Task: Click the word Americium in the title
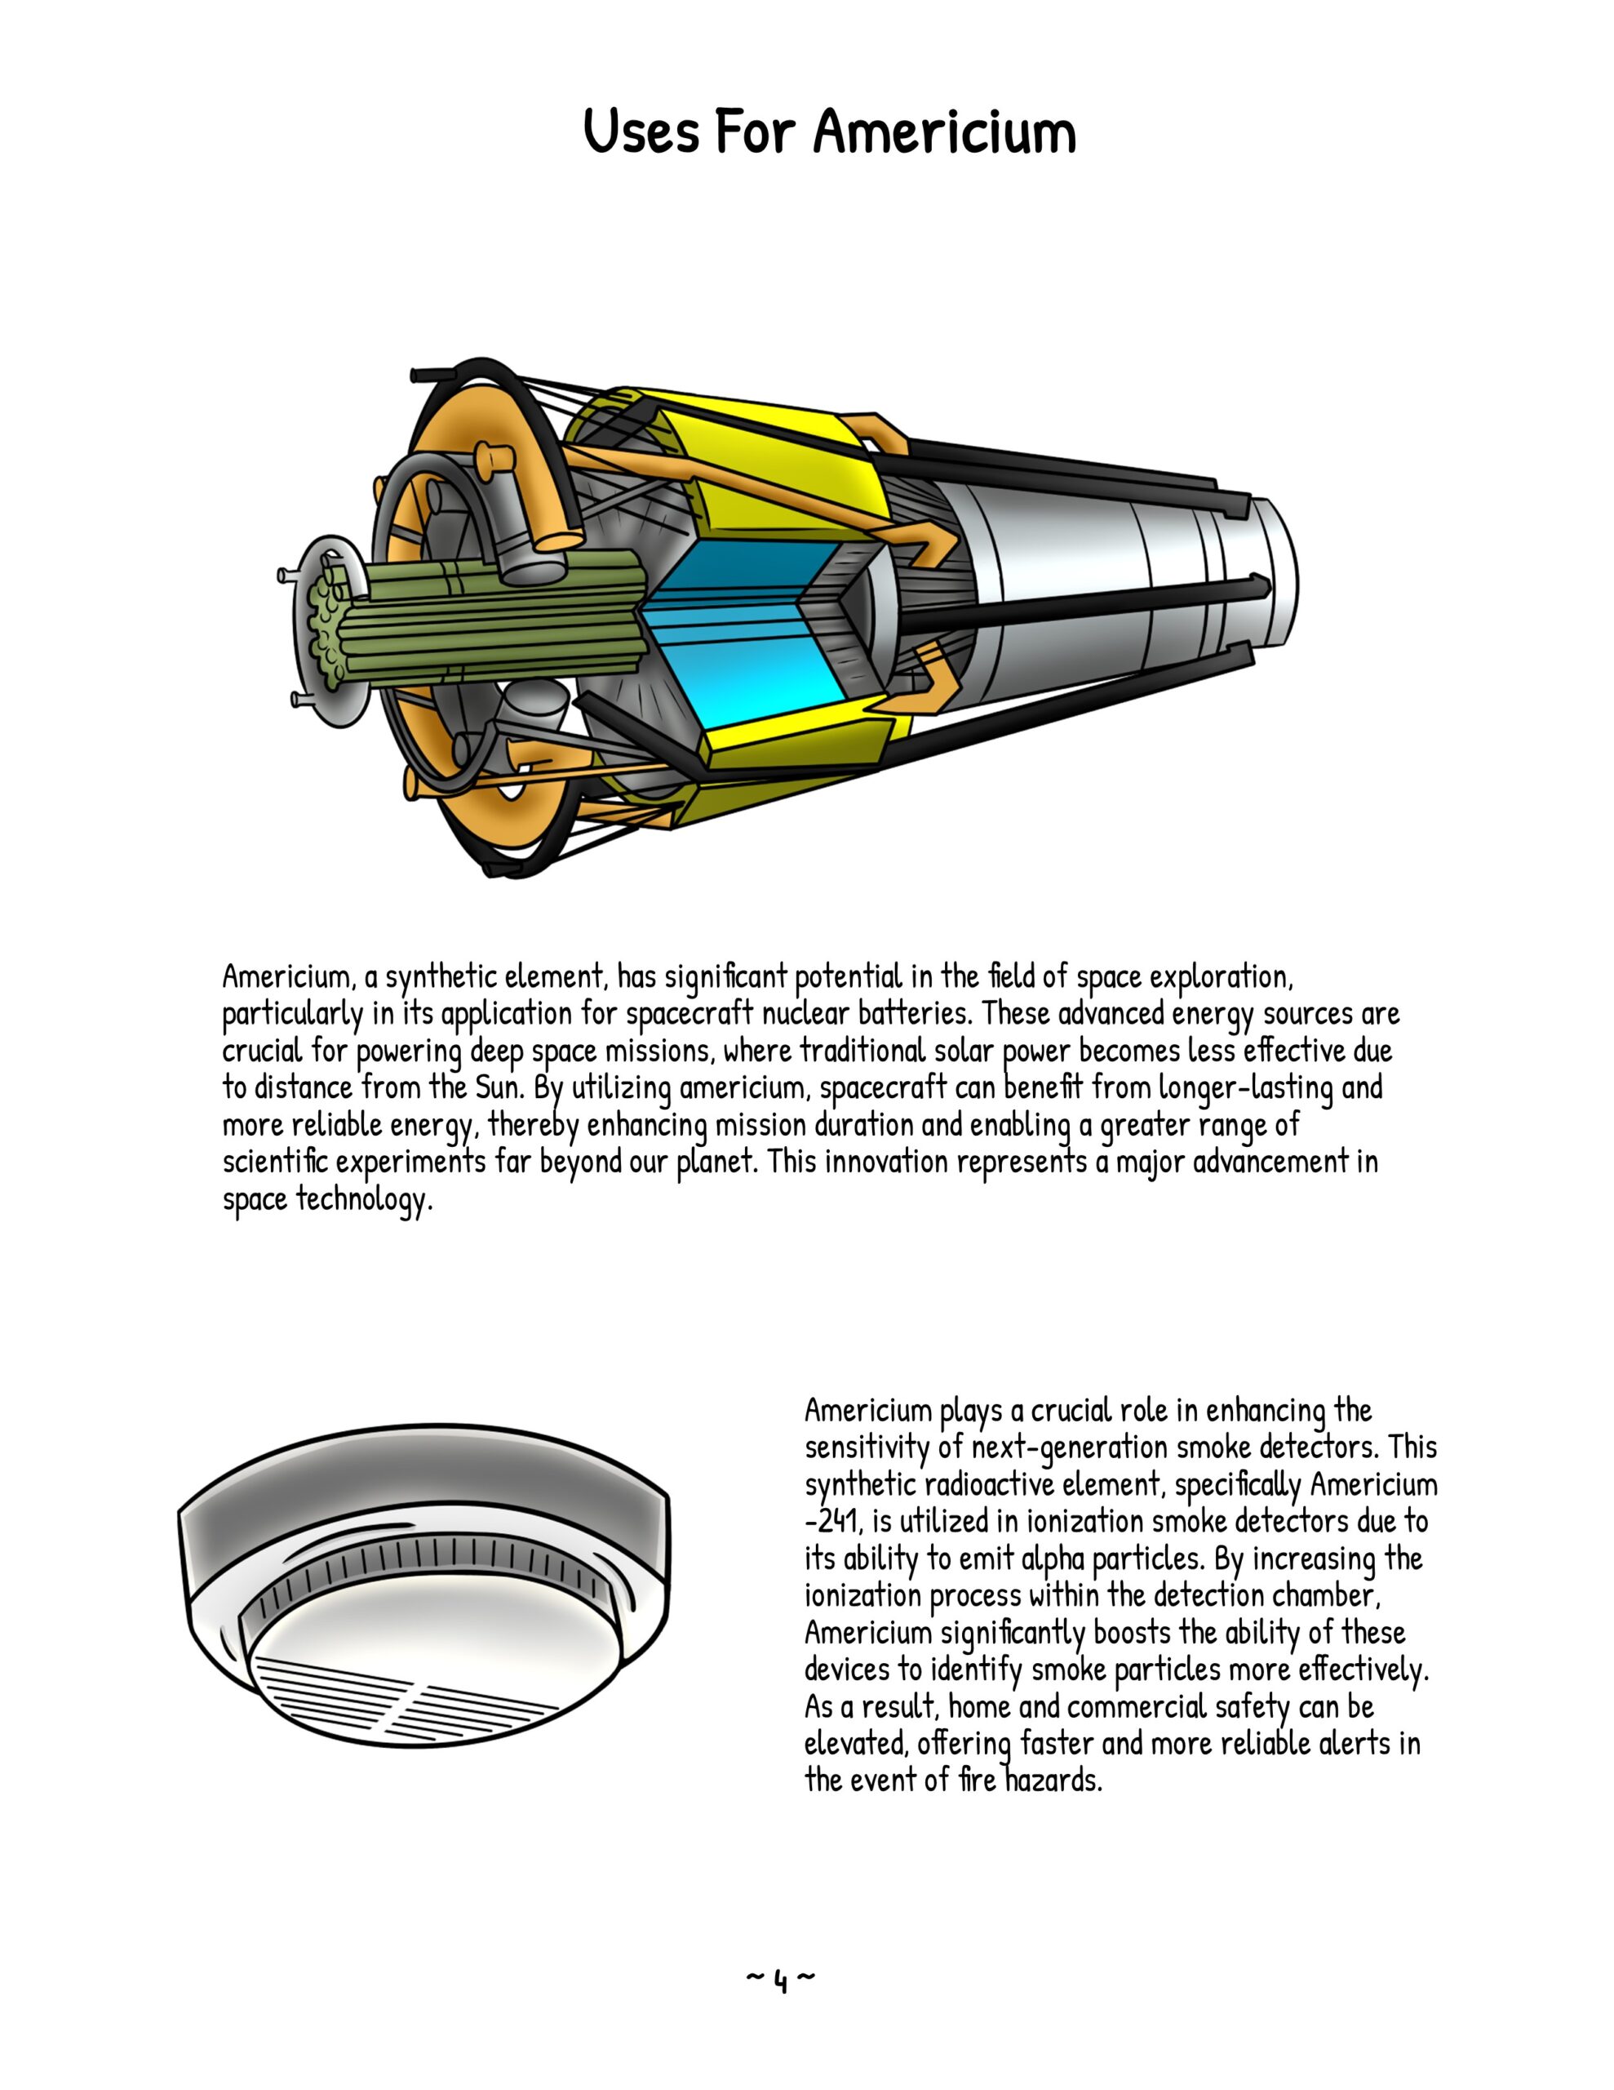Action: point(944,132)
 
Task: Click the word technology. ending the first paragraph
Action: point(364,1199)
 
